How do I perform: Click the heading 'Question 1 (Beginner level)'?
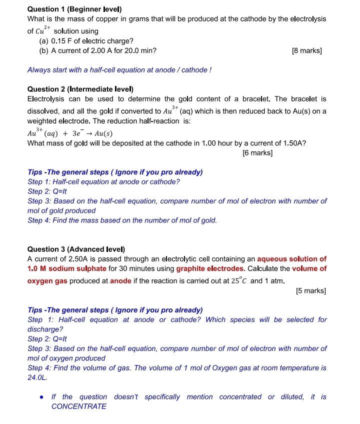click(x=74, y=9)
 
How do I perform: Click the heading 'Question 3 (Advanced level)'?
click(x=76, y=249)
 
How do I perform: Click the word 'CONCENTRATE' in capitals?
click(x=79, y=406)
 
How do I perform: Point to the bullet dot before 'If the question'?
click(x=42, y=397)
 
